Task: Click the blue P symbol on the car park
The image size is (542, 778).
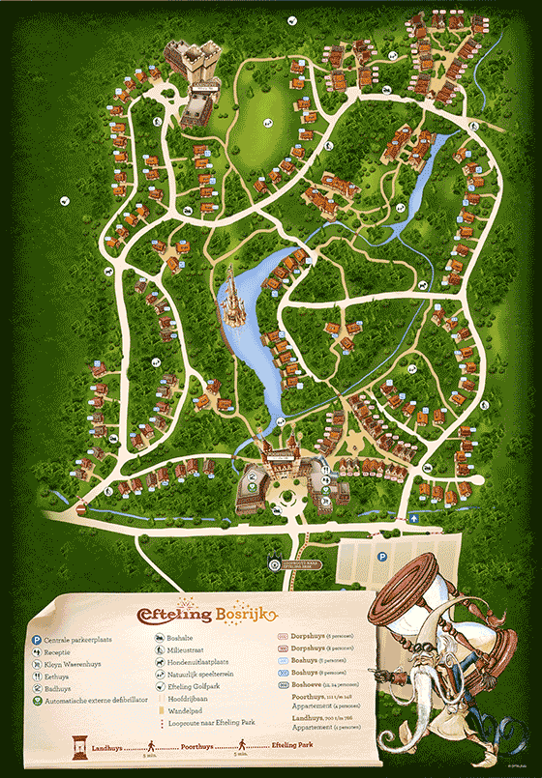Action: pos(382,558)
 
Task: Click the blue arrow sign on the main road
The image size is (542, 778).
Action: pos(413,519)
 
